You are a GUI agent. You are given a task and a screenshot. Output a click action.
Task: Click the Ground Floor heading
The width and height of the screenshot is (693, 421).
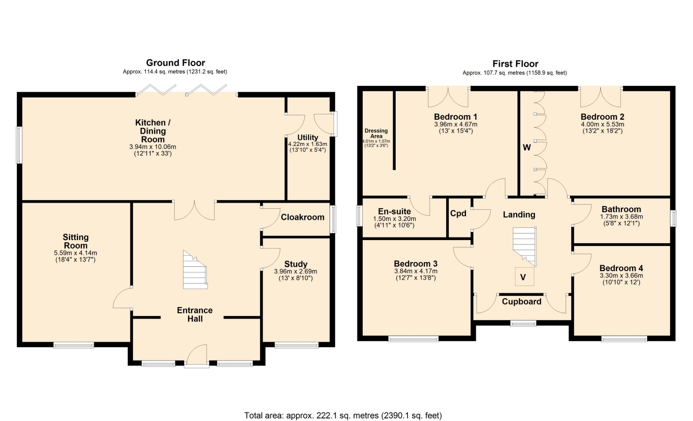(175, 63)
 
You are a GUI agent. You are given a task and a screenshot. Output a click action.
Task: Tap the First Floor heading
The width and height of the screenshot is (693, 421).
(515, 64)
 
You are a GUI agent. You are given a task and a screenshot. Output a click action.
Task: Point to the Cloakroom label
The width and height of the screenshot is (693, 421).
(302, 217)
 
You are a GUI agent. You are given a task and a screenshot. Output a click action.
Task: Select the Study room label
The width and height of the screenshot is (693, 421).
(296, 264)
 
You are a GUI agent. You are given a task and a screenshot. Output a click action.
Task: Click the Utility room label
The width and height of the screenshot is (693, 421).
(308, 138)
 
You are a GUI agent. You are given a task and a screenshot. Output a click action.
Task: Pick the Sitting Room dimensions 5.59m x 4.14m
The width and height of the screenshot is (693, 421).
(75, 253)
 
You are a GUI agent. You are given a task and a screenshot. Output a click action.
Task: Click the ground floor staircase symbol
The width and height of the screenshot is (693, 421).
(195, 270)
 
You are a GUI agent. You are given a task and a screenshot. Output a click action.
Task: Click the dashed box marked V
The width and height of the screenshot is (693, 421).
(524, 277)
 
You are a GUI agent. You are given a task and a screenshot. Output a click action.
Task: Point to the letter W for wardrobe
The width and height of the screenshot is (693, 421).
(527, 147)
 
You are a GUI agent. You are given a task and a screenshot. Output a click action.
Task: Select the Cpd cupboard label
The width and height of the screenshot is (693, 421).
(458, 213)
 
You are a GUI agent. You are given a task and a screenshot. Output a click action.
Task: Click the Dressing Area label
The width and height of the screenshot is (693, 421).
(376, 133)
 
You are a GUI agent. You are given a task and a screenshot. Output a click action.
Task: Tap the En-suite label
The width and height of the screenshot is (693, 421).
(394, 212)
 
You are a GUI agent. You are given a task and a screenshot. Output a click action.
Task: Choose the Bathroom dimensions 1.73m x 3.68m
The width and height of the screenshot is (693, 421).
(621, 217)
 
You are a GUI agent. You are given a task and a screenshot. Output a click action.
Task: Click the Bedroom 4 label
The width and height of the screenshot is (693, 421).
(621, 268)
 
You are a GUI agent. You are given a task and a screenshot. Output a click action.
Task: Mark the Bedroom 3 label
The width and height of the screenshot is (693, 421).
(415, 264)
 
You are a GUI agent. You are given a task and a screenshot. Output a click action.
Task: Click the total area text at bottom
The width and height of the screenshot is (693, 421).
(343, 416)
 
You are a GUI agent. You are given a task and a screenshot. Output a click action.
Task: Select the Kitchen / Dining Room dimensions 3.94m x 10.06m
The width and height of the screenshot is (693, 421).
(153, 147)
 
